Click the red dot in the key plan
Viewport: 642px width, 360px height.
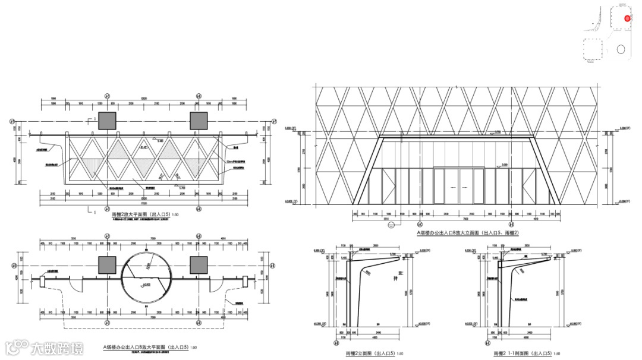click(627, 19)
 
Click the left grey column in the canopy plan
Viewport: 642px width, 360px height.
click(108, 121)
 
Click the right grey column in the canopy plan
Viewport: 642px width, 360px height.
click(198, 121)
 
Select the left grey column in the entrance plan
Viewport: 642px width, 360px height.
click(107, 265)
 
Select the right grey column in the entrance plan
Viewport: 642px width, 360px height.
click(199, 265)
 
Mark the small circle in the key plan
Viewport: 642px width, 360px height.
click(621, 49)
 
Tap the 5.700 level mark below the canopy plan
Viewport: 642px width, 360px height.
click(149, 188)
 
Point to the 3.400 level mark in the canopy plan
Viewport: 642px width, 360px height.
click(159, 140)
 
